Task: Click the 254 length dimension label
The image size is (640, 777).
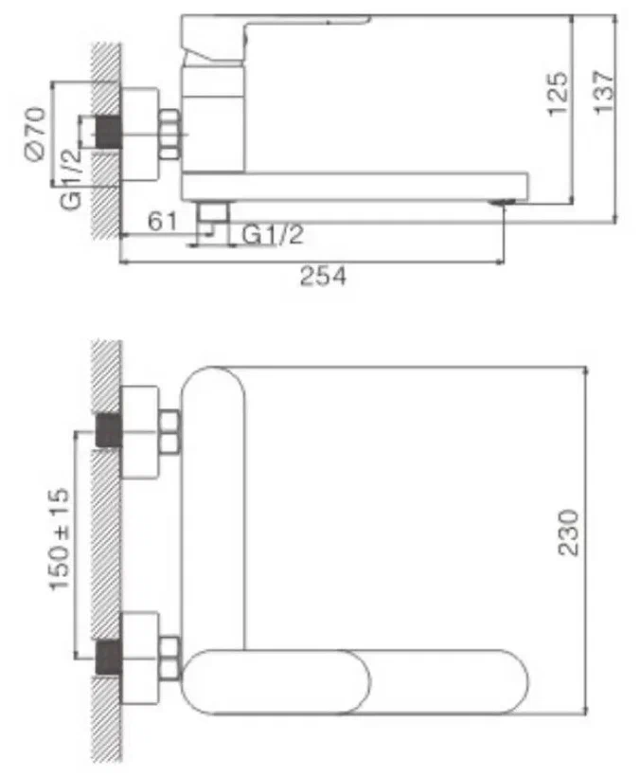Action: click(x=324, y=278)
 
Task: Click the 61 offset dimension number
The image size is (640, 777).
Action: click(x=163, y=223)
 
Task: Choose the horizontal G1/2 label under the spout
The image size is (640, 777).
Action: click(x=274, y=234)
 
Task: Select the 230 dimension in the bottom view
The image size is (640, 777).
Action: click(x=568, y=533)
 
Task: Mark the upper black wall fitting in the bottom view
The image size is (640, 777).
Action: click(x=108, y=431)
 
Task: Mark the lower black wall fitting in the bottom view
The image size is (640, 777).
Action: click(x=108, y=656)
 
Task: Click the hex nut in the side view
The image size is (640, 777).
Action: click(x=171, y=134)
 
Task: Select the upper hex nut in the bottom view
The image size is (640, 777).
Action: click(x=170, y=431)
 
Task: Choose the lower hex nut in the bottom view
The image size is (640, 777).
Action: click(x=170, y=658)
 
